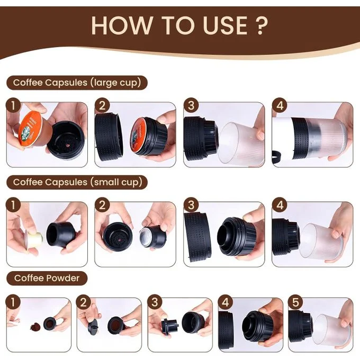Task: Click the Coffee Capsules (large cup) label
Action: point(77,83)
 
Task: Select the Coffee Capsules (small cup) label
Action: point(77,182)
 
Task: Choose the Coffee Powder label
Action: point(47,278)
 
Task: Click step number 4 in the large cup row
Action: point(280,105)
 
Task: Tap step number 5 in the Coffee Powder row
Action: point(296,302)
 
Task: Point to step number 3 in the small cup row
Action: point(191,205)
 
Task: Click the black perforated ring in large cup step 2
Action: point(109,134)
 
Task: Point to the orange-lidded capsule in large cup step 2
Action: point(147,136)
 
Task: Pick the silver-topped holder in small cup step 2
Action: point(151,237)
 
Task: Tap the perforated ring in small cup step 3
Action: point(198,237)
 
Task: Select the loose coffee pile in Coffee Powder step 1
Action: point(35,327)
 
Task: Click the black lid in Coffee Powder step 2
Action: point(94,326)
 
